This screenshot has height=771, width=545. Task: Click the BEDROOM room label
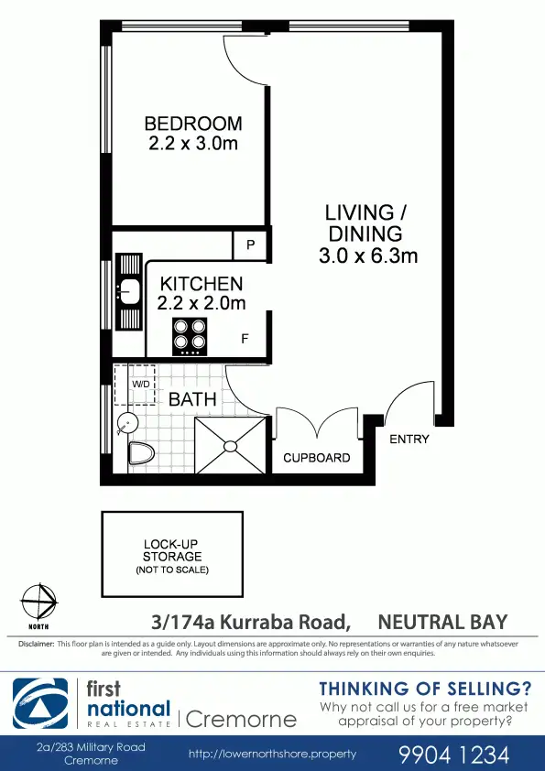[x=193, y=124]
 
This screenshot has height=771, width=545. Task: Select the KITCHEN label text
[x=202, y=285]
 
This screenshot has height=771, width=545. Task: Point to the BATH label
[x=192, y=399]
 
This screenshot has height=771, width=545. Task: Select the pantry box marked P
[x=250, y=245]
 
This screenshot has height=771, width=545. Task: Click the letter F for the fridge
[x=245, y=339]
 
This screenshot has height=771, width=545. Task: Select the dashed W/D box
[x=135, y=385]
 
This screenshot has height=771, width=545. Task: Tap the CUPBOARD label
[x=316, y=458]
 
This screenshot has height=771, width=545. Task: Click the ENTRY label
[x=409, y=440]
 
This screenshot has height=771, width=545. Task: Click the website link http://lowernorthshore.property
[x=272, y=755]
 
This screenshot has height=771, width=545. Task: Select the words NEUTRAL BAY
[x=442, y=623]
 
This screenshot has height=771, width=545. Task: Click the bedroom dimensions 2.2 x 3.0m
[x=193, y=144]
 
